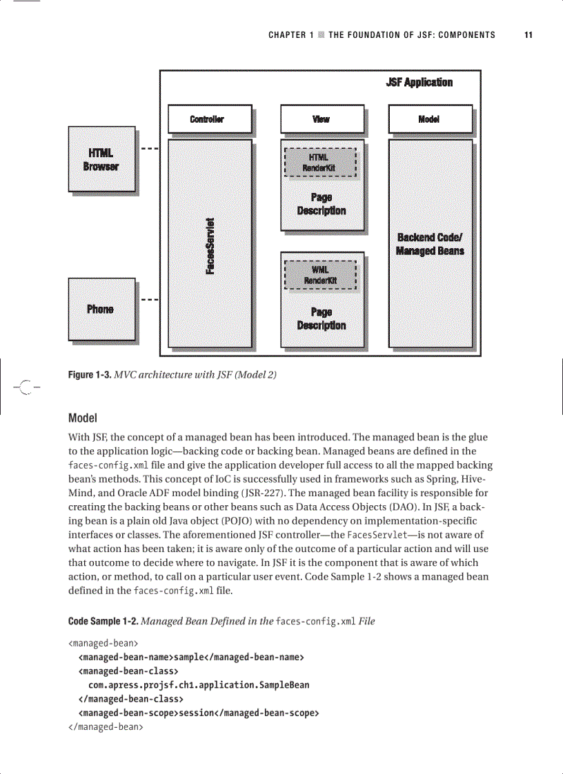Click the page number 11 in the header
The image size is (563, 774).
point(528,35)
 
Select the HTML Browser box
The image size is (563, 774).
point(101,159)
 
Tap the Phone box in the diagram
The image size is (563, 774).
point(101,309)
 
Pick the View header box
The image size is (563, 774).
point(321,119)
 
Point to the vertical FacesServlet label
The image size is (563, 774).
point(211,245)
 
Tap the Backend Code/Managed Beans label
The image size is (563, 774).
point(430,244)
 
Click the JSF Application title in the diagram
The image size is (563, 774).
point(419,83)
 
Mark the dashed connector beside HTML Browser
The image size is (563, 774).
point(150,148)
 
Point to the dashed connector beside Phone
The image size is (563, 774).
point(150,300)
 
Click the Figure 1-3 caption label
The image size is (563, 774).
point(90,376)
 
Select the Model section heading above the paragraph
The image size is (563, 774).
point(82,418)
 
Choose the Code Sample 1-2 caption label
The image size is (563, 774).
point(103,621)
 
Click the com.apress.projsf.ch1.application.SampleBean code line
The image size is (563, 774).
point(199,685)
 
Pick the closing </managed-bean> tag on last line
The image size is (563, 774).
point(106,726)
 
